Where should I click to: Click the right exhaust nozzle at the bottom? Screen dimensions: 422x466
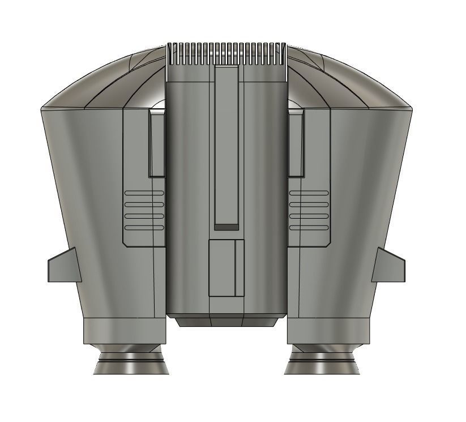[x=323, y=362]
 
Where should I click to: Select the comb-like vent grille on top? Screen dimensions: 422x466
[x=227, y=53]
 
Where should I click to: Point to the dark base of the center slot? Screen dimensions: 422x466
[x=227, y=227]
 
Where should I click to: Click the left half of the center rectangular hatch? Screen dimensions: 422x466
[x=222, y=267]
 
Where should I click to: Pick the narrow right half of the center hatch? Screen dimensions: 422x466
[x=240, y=267]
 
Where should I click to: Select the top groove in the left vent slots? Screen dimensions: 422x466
[x=144, y=193]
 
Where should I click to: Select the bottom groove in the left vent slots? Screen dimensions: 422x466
[x=144, y=228]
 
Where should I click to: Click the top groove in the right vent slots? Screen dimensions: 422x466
[x=309, y=193]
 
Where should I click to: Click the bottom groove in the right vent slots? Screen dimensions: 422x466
[x=309, y=228]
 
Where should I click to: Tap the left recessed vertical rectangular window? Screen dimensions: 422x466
[x=157, y=144]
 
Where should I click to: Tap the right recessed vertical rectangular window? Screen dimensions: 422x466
[x=295, y=144]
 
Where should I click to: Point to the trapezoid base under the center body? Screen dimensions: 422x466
[x=226, y=321]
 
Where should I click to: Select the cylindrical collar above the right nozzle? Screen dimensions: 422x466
[x=328, y=331]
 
